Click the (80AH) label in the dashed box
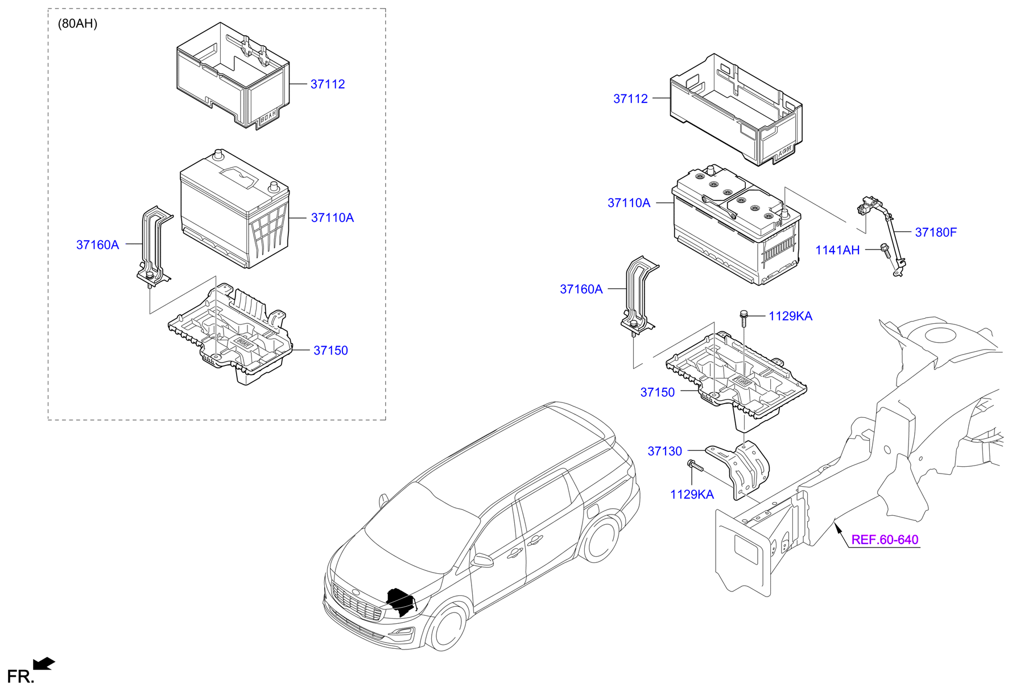pyautogui.click(x=77, y=24)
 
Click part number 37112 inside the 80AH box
pyautogui.click(x=327, y=84)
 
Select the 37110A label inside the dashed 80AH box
pyautogui.click(x=332, y=218)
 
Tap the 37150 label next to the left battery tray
pyautogui.click(x=330, y=351)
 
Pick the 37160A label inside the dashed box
pyautogui.click(x=97, y=245)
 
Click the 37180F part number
pyautogui.click(x=935, y=232)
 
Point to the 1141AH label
pyautogui.click(x=837, y=250)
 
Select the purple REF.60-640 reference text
pyautogui.click(x=884, y=540)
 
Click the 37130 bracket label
pyautogui.click(x=664, y=451)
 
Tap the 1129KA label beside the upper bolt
pyautogui.click(x=790, y=316)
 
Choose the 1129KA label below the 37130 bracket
pyautogui.click(x=691, y=495)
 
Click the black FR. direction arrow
pyautogui.click(x=44, y=664)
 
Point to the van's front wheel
pyautogui.click(x=447, y=627)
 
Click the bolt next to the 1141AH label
pyautogui.click(x=885, y=250)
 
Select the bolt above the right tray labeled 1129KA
pyautogui.click(x=743, y=316)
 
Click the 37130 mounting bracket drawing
pyautogui.click(x=742, y=470)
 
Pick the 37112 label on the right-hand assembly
pyautogui.click(x=630, y=99)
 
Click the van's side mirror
pyautogui.click(x=482, y=560)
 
